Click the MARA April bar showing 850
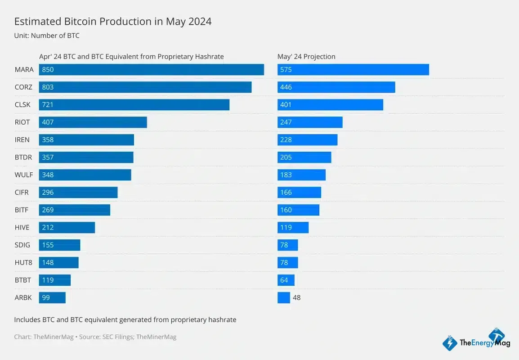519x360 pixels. pos(151,70)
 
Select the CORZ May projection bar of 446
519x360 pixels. pos(336,87)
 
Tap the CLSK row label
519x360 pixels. pos(22,105)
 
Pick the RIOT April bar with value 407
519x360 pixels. pos(93,122)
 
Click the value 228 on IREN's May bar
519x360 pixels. pos(286,140)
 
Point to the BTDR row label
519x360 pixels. pos(23,157)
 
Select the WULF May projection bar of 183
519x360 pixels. pos(301,175)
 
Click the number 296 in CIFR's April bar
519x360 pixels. pos(47,193)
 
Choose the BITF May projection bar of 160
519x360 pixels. pos(298,210)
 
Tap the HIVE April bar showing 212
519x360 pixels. pos(67,228)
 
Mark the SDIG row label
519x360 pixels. pos(22,245)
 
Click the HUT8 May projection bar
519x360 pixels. pos(287,263)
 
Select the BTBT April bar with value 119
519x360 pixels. pos(54,280)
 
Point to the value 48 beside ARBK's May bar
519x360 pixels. pos(296,298)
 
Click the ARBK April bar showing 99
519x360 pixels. pos(52,298)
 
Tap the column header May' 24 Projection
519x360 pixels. pos(306,57)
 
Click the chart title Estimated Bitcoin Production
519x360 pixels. pos(112,22)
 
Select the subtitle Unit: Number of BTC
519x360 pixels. pos(47,36)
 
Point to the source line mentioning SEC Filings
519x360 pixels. pos(95,337)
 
